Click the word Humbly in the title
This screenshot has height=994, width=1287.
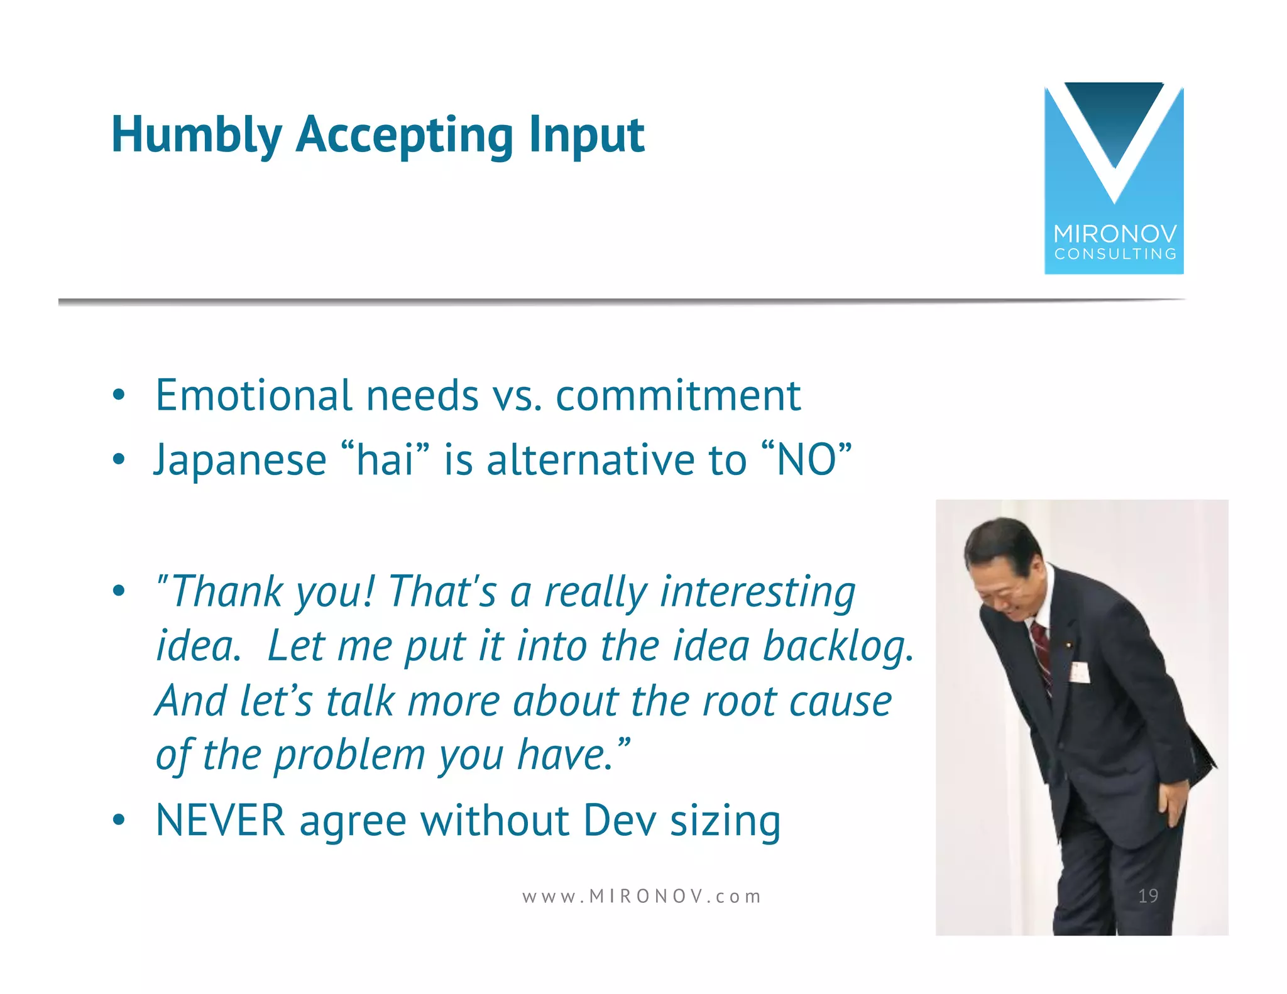[x=196, y=135]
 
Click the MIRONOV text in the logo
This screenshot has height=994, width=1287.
[x=1115, y=234]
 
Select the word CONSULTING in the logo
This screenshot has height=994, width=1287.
[x=1115, y=254]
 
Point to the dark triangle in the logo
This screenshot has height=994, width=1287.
[x=1114, y=119]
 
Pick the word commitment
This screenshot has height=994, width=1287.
[x=678, y=396]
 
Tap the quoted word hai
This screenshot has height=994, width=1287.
[x=385, y=459]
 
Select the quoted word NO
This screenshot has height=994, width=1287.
[x=806, y=459]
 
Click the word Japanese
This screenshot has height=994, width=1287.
[x=240, y=461]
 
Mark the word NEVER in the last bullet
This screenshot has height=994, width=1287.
[x=220, y=821]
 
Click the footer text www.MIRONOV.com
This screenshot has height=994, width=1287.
[x=642, y=896]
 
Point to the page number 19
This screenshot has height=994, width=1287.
[x=1147, y=895]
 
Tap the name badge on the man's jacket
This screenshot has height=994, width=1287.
[x=1080, y=672]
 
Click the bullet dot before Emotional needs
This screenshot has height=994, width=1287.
[x=118, y=396]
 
